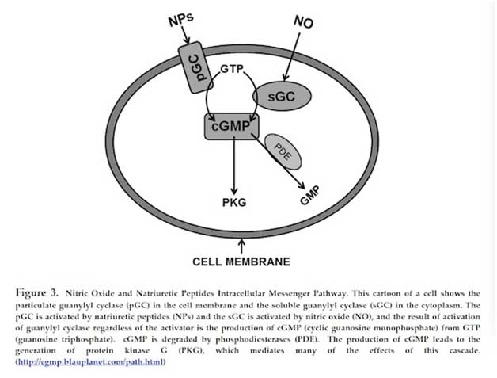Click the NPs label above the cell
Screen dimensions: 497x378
tap(180, 19)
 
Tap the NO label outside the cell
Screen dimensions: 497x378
tap(303, 21)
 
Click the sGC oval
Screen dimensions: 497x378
tap(282, 96)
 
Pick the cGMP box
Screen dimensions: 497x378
tap(232, 126)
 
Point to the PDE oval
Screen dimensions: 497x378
tap(283, 151)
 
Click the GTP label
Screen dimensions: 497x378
tap(232, 69)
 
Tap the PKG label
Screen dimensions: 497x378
tap(234, 203)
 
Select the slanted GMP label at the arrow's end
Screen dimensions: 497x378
tap(309, 196)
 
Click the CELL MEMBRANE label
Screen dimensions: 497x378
tap(241, 262)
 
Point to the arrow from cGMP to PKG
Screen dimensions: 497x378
tap(234, 166)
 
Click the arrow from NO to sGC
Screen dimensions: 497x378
tap(292, 57)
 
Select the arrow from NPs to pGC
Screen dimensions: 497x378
tap(186, 35)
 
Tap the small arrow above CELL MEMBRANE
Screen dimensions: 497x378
tap(241, 246)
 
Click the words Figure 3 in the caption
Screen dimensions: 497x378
tap(36, 292)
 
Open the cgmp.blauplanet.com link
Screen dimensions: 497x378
tap(91, 362)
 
